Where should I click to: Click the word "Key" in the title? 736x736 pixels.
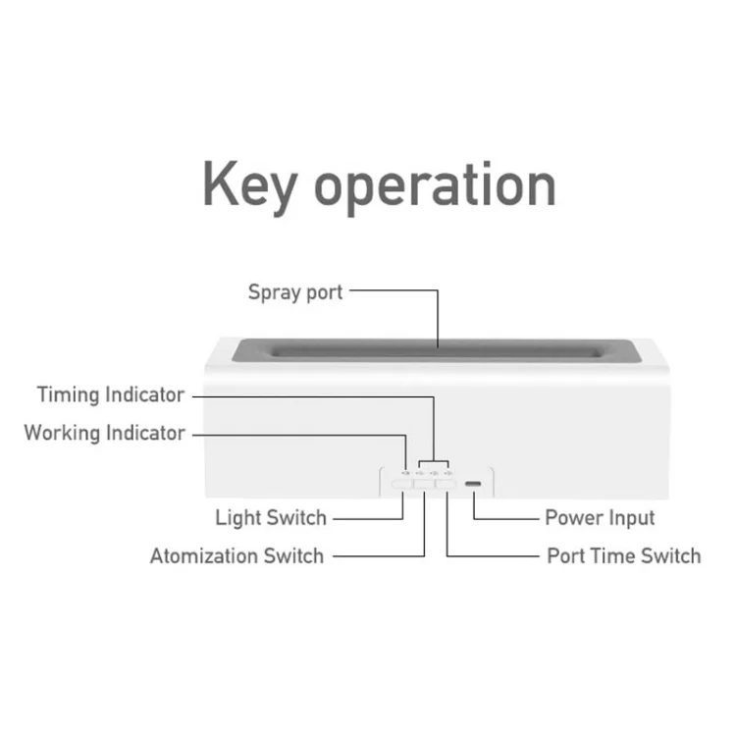(x=249, y=187)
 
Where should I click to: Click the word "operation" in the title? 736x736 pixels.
(x=435, y=187)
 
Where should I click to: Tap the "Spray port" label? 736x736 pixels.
(x=295, y=292)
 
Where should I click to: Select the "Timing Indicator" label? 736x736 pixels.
(x=110, y=394)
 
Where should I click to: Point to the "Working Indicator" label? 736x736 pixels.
(x=104, y=433)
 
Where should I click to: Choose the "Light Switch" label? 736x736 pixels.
(x=271, y=518)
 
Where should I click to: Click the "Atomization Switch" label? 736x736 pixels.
(x=237, y=555)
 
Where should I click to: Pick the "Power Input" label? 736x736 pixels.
(x=600, y=518)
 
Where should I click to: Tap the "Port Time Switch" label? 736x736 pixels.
(x=624, y=555)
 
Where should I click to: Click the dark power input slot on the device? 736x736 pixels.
(x=474, y=484)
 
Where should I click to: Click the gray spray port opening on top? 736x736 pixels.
(x=437, y=350)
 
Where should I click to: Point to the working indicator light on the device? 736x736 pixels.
(x=406, y=473)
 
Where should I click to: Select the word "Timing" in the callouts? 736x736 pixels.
(x=68, y=395)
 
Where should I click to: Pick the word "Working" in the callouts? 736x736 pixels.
(x=62, y=434)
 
